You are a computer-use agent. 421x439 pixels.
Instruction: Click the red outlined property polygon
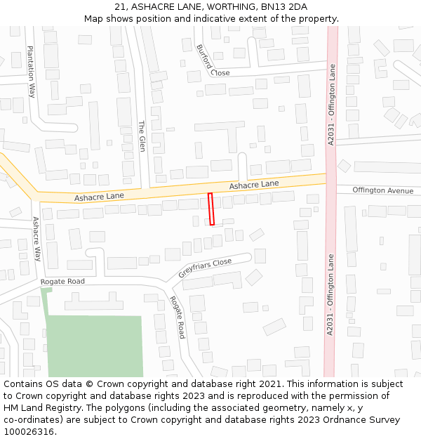pyautogui.click(x=210, y=209)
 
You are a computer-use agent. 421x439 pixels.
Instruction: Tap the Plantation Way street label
pyautogui.click(x=32, y=71)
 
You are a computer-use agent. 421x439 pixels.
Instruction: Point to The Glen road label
pyautogui.click(x=141, y=136)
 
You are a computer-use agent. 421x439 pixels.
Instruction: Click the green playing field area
pyautogui.click(x=95, y=346)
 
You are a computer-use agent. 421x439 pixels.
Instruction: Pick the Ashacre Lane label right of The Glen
pyautogui.click(x=254, y=185)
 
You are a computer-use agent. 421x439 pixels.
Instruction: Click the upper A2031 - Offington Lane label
pyautogui.click(x=332, y=105)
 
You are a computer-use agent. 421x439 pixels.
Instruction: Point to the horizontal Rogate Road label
pyautogui.click(x=62, y=282)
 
